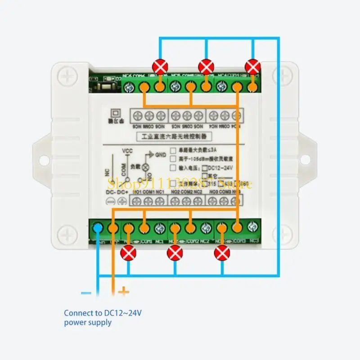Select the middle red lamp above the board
(x=206, y=67)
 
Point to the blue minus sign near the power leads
(x=86, y=293)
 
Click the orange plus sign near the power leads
(x=123, y=292)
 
